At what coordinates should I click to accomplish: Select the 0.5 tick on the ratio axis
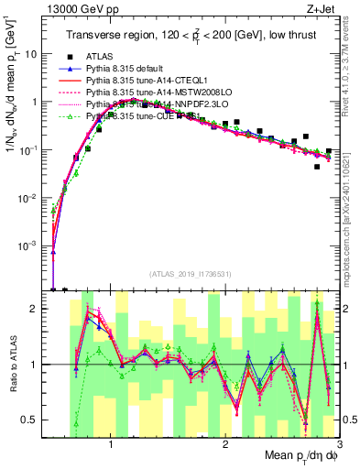(x=35, y=420)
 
